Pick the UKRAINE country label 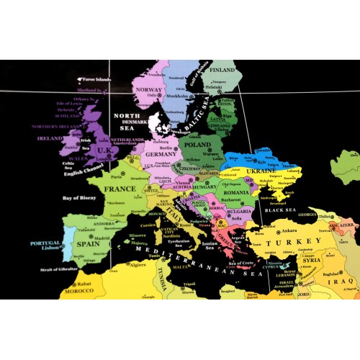point(262,171)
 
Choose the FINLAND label point(222,70)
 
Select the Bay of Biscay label point(80,197)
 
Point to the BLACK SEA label point(276,210)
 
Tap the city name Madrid point(102,238)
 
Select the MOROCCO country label point(78,291)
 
